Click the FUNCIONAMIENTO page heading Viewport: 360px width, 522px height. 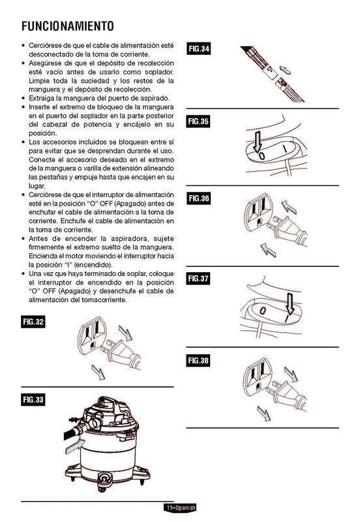point(68,26)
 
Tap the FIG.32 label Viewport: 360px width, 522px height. point(33,322)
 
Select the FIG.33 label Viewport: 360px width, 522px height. point(33,399)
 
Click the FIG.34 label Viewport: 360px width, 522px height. point(199,48)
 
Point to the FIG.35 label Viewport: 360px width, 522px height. point(198,121)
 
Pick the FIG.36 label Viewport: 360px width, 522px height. point(199,198)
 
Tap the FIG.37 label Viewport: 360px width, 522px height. point(198,279)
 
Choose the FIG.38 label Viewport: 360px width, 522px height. point(198,360)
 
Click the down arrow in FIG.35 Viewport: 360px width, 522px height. point(257,142)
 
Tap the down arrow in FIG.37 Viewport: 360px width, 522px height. point(290,304)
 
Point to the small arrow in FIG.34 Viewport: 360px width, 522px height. point(285,70)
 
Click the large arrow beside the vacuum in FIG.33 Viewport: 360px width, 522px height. point(75,446)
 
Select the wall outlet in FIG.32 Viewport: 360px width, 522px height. point(91,335)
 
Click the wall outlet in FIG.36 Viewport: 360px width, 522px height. point(258,213)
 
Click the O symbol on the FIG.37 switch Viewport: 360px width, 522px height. point(263,311)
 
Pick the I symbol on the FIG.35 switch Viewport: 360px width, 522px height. point(285,149)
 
